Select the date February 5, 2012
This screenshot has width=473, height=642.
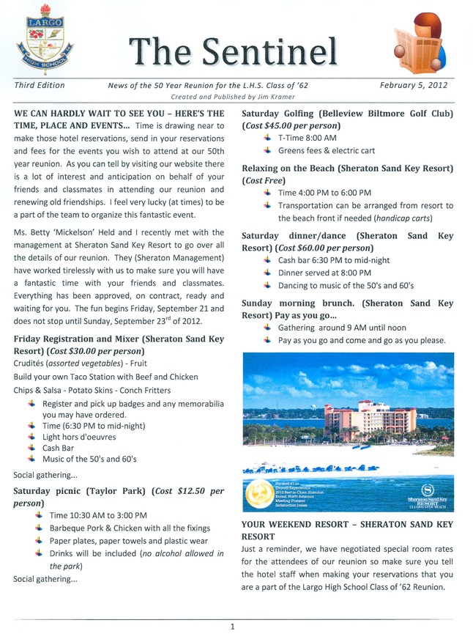414,85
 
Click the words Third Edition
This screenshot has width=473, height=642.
40,85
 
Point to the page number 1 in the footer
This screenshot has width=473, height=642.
232,627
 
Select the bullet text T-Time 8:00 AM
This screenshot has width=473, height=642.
308,138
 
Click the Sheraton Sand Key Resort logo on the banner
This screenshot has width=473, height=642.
428,495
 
